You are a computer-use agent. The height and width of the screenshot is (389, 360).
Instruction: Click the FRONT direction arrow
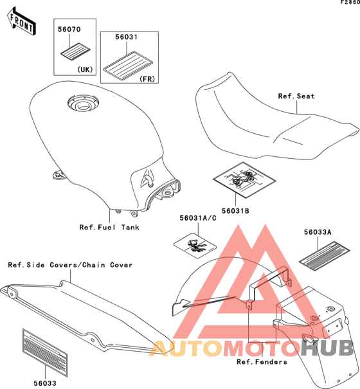pos(21,22)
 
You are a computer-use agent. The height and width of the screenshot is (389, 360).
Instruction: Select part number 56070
pos(69,30)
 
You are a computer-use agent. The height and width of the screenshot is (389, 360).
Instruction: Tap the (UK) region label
pos(85,69)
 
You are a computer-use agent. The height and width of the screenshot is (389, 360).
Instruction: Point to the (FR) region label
pos(147,79)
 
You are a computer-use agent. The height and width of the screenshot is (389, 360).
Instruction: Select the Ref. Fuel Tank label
pos(109,227)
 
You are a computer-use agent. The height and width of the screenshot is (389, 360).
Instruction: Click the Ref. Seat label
pos(296,96)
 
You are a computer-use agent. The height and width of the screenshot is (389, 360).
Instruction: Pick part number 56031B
pos(235,211)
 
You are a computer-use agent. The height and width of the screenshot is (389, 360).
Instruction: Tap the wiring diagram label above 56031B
pos(244,180)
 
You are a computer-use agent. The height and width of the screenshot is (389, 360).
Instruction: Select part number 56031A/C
pos(198,218)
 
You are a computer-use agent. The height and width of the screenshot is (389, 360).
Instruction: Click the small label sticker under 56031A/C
pos(195,246)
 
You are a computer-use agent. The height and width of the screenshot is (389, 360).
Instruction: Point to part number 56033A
pos(318,232)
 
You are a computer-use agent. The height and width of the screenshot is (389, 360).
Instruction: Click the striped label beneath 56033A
pos(324,257)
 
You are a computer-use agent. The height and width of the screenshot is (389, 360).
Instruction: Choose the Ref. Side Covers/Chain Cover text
pos(70,265)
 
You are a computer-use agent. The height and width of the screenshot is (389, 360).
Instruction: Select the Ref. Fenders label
pos(262,362)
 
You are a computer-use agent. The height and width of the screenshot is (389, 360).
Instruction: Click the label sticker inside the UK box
pos(75,51)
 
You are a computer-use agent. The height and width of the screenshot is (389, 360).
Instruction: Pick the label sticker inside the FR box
pos(128,66)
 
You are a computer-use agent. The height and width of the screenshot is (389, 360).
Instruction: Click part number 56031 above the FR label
pos(126,37)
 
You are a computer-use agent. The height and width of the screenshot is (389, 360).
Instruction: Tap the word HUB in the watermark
pos(327,348)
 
